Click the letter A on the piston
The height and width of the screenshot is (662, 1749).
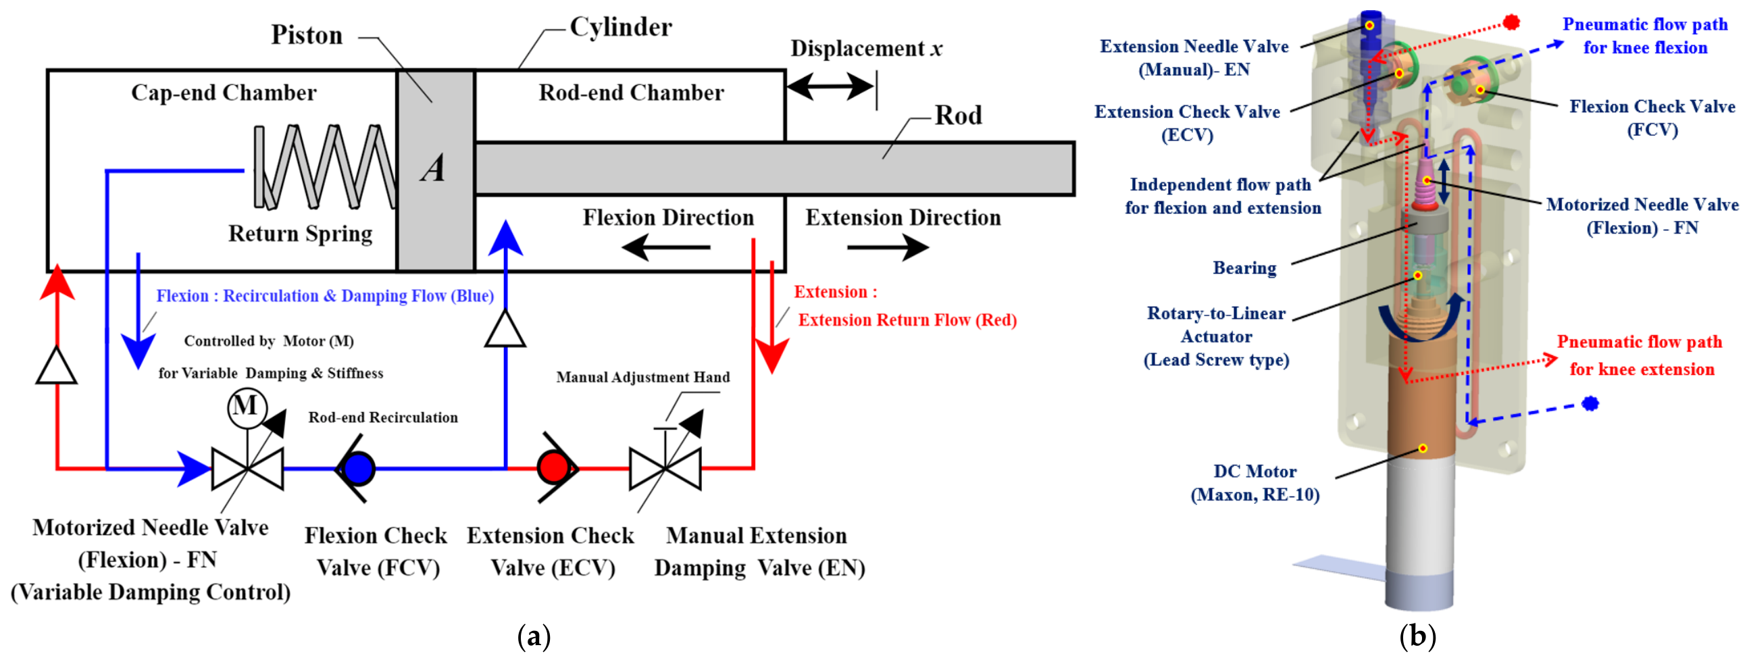pos(433,168)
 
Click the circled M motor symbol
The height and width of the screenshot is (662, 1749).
pos(246,407)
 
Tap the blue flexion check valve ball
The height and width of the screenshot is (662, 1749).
pos(358,469)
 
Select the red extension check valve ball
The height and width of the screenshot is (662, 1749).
pos(553,468)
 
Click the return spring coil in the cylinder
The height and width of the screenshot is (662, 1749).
pos(324,166)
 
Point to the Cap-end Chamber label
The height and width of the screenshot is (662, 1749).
pos(224,93)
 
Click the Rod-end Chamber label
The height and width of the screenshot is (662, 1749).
pos(632,93)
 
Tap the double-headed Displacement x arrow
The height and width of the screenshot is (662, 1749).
pos(830,86)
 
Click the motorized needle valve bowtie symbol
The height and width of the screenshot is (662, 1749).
pos(247,469)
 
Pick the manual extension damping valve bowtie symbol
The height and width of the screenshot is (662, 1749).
pos(665,469)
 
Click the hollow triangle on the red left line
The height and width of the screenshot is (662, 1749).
pos(57,366)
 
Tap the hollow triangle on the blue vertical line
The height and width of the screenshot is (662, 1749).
pos(505,328)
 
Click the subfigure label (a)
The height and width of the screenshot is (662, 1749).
pos(534,637)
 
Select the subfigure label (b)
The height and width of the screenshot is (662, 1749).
pos(1418,637)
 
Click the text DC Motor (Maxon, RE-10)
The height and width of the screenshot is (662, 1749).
pos(1255,483)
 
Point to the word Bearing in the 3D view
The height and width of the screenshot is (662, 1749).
pos(1244,268)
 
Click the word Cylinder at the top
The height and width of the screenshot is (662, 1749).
pos(621,27)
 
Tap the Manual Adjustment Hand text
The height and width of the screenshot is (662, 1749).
pos(643,378)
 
